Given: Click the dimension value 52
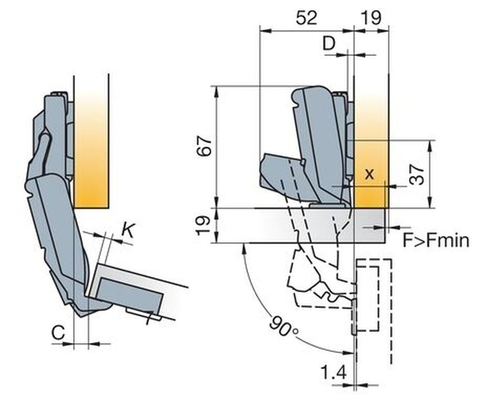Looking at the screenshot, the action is click(307, 18).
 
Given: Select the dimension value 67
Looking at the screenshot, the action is click(206, 146).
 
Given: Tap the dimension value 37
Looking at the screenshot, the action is click(417, 175).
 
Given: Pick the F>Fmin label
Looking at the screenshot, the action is click(436, 241).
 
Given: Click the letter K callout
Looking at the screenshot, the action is click(128, 230).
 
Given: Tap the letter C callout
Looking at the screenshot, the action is click(58, 333).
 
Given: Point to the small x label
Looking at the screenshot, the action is click(369, 174).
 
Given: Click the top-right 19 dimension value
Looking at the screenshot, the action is click(372, 18).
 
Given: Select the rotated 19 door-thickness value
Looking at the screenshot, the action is click(206, 225).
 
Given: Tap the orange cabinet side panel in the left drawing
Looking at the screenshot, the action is click(91, 150).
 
